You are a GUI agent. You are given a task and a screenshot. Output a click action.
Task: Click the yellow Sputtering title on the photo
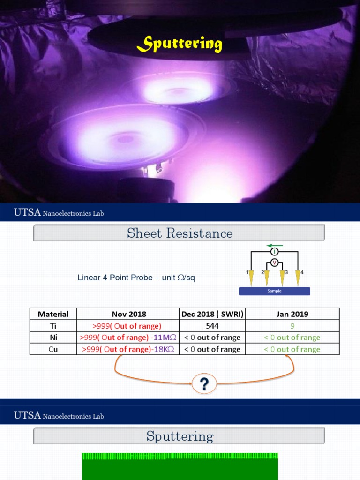pos(180,45)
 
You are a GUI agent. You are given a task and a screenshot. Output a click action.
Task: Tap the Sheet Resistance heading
pos(180,233)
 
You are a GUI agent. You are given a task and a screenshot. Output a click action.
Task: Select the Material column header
pos(53,314)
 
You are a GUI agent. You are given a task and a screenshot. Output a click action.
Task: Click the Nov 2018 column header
pos(128,314)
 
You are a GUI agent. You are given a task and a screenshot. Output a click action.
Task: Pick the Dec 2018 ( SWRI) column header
pos(212,314)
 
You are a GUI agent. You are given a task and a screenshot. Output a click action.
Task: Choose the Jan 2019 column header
pos(292,314)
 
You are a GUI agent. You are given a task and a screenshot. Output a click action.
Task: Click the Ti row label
pos(53,326)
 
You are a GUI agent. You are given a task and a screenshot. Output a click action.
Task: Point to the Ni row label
pos(53,337)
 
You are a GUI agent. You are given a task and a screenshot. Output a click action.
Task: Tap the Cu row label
pos(53,349)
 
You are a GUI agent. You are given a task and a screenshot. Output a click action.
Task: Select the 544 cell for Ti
pos(212,326)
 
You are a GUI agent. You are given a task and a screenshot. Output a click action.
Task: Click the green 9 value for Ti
pos(292,326)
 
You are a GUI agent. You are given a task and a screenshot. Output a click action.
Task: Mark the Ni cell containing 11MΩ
pos(128,337)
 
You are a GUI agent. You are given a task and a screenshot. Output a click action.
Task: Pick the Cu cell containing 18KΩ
pos(128,349)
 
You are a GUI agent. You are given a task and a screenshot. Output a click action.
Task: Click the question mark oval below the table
pos(204,385)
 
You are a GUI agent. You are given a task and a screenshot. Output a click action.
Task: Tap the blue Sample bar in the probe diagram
pos(274,291)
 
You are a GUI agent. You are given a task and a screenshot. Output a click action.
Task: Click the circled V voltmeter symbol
pos(275,262)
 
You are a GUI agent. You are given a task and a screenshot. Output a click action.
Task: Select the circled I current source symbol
pos(275,252)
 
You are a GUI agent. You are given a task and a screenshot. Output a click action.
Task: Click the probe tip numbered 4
pos(298,279)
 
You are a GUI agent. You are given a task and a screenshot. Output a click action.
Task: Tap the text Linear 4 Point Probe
pos(115,277)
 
